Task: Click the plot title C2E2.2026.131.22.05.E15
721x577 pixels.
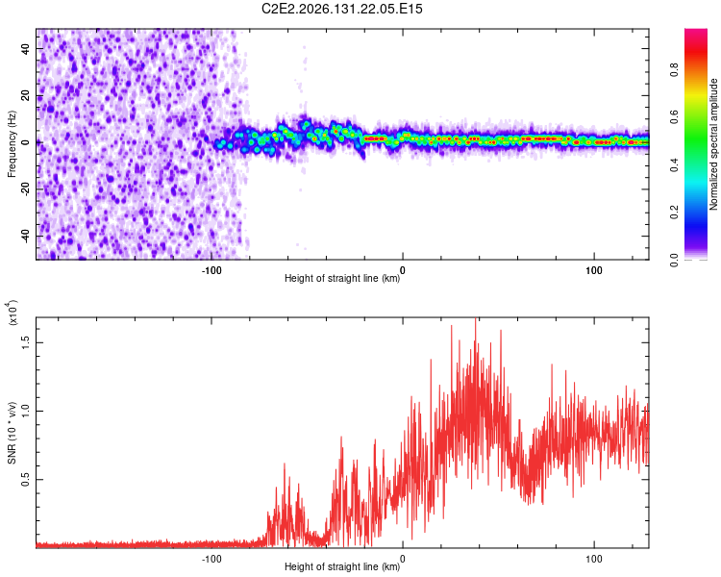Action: [341, 9]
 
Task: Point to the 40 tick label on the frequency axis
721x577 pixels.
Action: [25, 48]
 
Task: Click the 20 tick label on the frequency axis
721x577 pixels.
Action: [25, 96]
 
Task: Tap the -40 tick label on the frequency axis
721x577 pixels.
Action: [25, 237]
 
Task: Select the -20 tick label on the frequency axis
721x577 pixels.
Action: [25, 189]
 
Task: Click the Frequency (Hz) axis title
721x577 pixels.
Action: [12, 144]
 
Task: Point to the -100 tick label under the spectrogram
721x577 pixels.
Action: [211, 270]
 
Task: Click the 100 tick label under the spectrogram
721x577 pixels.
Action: [594, 270]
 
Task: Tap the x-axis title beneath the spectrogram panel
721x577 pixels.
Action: [342, 278]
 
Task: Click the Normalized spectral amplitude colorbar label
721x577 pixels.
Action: [713, 144]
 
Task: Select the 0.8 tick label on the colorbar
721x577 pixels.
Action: [675, 70]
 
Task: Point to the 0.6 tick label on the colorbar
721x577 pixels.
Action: [675, 117]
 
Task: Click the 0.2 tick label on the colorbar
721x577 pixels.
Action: [675, 213]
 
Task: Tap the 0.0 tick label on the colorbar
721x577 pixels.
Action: [675, 260]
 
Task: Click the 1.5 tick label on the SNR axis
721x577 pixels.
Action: [25, 342]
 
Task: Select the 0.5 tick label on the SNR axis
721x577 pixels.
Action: [25, 480]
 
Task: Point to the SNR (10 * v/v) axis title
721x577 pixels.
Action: [12, 433]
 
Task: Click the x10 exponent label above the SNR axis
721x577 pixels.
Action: [12, 313]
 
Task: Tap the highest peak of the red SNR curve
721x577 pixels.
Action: [476, 318]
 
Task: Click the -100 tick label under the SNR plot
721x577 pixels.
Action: [211, 559]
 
